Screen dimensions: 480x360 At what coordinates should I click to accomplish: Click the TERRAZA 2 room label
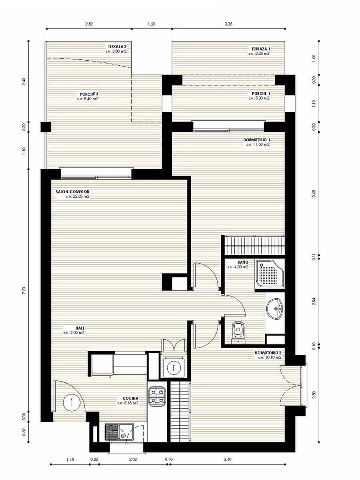pyautogui.click(x=117, y=46)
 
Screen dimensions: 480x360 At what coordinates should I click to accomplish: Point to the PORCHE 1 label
pyautogui.click(x=260, y=93)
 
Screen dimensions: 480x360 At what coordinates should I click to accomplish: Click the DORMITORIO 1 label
pyautogui.click(x=256, y=140)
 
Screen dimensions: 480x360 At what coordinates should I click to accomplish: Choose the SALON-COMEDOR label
pyautogui.click(x=72, y=192)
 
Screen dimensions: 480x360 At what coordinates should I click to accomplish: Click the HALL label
pyautogui.click(x=68, y=328)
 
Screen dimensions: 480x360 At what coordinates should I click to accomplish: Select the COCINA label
pyautogui.click(x=128, y=398)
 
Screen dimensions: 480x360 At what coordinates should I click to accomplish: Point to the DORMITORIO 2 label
pyautogui.click(x=268, y=353)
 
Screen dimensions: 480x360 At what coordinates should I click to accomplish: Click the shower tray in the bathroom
pyautogui.click(x=270, y=274)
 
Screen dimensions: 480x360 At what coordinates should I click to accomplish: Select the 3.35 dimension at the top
pyautogui.click(x=228, y=24)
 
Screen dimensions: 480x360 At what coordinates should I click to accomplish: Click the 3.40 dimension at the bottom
pyautogui.click(x=227, y=460)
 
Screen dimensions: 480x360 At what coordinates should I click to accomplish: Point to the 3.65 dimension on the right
pyautogui.click(x=314, y=194)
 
